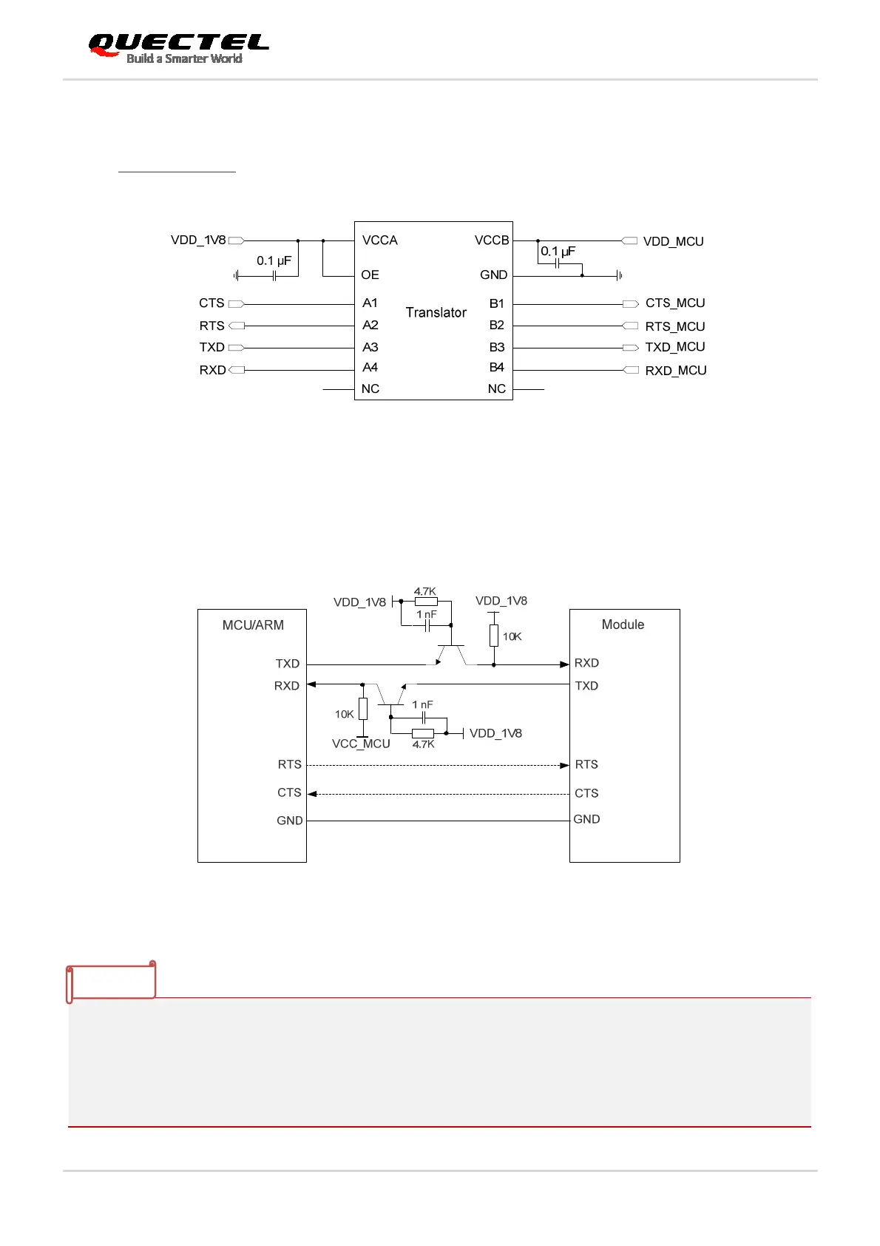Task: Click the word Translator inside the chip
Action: click(x=436, y=312)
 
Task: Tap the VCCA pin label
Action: click(x=379, y=240)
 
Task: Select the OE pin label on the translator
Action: click(x=370, y=275)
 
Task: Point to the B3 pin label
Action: click(x=496, y=347)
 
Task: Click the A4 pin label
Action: click(x=370, y=368)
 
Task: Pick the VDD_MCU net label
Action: click(x=673, y=241)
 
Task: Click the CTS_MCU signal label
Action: click(x=674, y=303)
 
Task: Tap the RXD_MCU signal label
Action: click(x=675, y=371)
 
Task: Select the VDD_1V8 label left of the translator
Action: click(x=198, y=240)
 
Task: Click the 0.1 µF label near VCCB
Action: click(x=558, y=252)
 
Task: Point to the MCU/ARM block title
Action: click(x=253, y=625)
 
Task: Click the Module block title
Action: click(x=623, y=624)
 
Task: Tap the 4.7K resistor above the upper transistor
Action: click(x=426, y=602)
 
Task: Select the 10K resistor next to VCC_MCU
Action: click(x=362, y=709)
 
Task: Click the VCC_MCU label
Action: click(x=361, y=744)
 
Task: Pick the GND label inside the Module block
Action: click(x=586, y=819)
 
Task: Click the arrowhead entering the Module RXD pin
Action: click(x=564, y=664)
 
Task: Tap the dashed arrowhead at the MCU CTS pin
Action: click(x=312, y=794)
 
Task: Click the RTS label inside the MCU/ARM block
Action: click(x=289, y=764)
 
